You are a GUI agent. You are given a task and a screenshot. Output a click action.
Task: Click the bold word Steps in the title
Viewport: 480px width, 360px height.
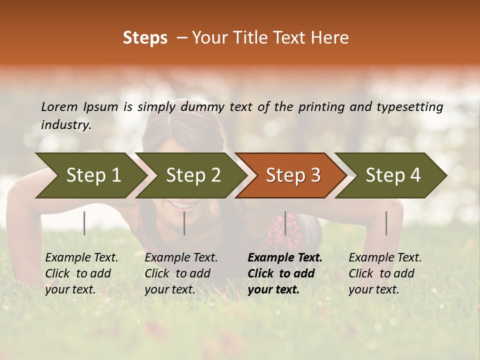tap(145, 38)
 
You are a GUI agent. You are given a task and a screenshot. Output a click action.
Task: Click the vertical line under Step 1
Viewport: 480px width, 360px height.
tap(84, 223)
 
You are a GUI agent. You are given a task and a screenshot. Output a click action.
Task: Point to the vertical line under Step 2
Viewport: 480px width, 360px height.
tap(184, 223)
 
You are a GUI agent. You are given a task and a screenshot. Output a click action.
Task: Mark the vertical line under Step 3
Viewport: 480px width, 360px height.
tap(285, 223)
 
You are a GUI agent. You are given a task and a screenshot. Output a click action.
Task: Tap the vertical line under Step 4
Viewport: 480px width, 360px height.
tap(386, 223)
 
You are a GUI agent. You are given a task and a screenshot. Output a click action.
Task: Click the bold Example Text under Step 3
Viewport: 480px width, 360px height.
tap(285, 258)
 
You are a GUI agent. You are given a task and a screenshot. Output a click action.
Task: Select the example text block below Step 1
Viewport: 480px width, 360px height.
tap(81, 273)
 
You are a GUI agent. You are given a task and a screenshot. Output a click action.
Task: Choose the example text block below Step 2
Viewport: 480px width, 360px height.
tap(181, 273)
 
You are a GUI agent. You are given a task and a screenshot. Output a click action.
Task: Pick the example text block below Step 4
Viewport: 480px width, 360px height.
tap(385, 273)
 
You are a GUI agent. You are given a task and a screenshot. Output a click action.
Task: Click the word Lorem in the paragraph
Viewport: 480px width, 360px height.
tap(59, 106)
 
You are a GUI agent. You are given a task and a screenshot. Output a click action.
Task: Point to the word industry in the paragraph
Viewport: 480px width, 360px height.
tap(65, 125)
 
